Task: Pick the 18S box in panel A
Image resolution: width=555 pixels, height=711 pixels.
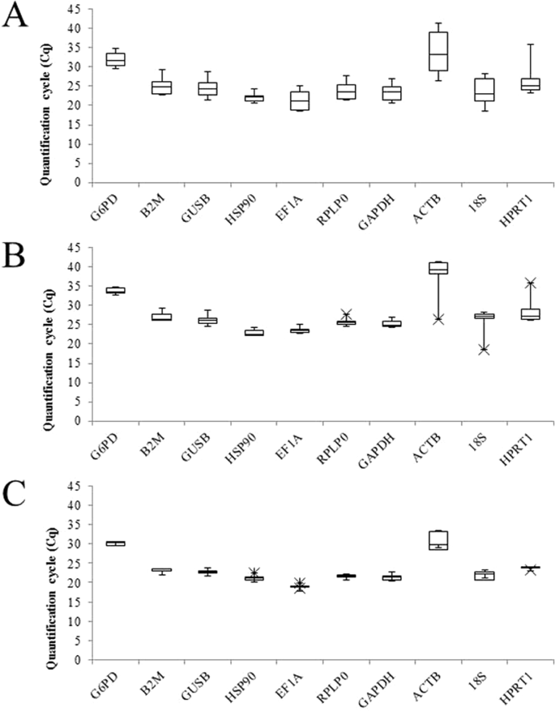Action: [x=485, y=90]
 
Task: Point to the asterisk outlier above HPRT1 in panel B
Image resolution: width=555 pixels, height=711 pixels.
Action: [x=531, y=283]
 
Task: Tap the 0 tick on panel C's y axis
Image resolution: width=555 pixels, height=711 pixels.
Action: [x=82, y=660]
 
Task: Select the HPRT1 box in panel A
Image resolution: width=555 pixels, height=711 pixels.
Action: [x=531, y=83]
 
